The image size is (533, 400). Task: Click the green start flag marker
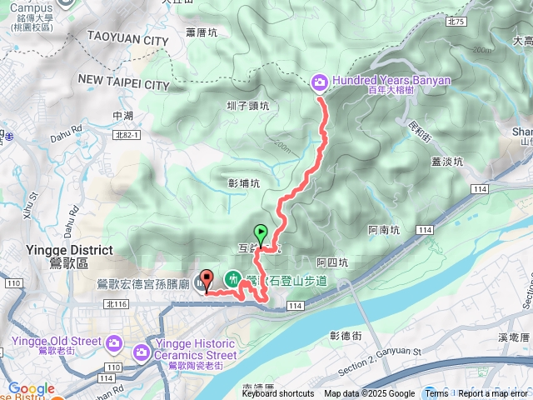(261, 234)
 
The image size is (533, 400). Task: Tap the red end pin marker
(207, 280)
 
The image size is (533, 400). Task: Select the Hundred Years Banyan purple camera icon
(319, 82)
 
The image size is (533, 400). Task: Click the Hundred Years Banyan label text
(391, 81)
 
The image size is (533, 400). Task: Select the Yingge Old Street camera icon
(114, 342)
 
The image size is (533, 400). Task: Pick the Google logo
(31, 388)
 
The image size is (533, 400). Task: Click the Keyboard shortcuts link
(278, 394)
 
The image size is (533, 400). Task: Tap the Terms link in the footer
(436, 394)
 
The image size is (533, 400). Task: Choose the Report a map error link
(493, 394)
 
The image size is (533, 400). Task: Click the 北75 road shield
(456, 22)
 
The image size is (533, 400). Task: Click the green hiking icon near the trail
(234, 277)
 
